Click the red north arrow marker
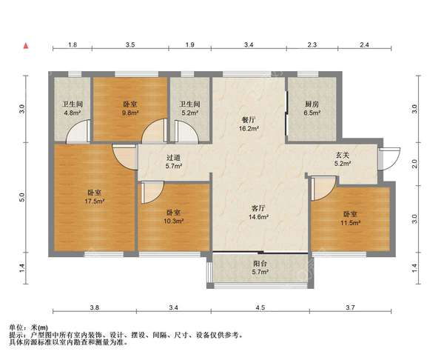click(x=26, y=46)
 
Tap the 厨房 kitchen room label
click(x=312, y=104)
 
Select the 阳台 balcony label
click(x=260, y=264)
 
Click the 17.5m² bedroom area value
click(x=95, y=201)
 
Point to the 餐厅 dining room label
click(x=249, y=119)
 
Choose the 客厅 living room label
click(x=258, y=208)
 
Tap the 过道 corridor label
click(x=173, y=158)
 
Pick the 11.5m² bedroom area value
click(x=350, y=223)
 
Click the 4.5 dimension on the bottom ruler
click(x=260, y=307)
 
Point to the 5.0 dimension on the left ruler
click(x=23, y=197)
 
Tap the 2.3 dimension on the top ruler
click(x=312, y=44)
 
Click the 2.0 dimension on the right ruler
click(x=415, y=164)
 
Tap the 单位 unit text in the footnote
click(x=16, y=327)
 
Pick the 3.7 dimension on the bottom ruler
click(x=350, y=307)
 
